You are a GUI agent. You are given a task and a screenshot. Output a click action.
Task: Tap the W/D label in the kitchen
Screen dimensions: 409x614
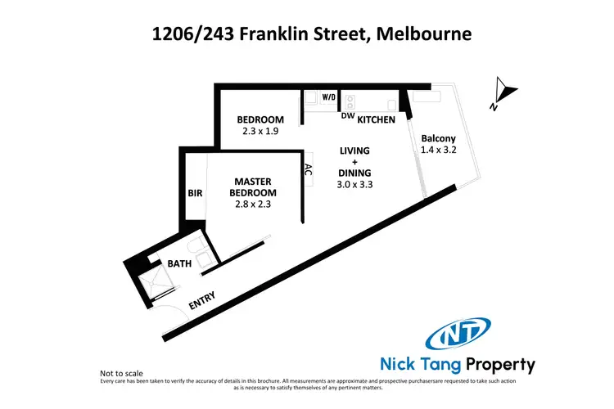click(x=328, y=97)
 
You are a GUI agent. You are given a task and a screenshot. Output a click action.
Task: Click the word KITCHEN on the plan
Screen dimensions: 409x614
click(x=376, y=120)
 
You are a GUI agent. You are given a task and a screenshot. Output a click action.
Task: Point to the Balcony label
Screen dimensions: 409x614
click(x=438, y=138)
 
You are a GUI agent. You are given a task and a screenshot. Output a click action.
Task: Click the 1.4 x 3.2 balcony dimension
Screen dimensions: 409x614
click(x=438, y=151)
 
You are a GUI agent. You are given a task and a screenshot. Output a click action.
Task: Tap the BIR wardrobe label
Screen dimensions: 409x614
click(x=194, y=193)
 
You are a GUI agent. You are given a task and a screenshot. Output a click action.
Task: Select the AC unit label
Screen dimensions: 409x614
click(x=308, y=172)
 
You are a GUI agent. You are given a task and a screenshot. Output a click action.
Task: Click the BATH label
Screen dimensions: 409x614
click(x=179, y=263)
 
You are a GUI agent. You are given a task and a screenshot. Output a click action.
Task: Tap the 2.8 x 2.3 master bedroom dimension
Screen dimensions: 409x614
click(x=253, y=205)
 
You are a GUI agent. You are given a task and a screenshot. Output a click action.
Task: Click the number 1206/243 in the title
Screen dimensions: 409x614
click(x=187, y=34)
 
